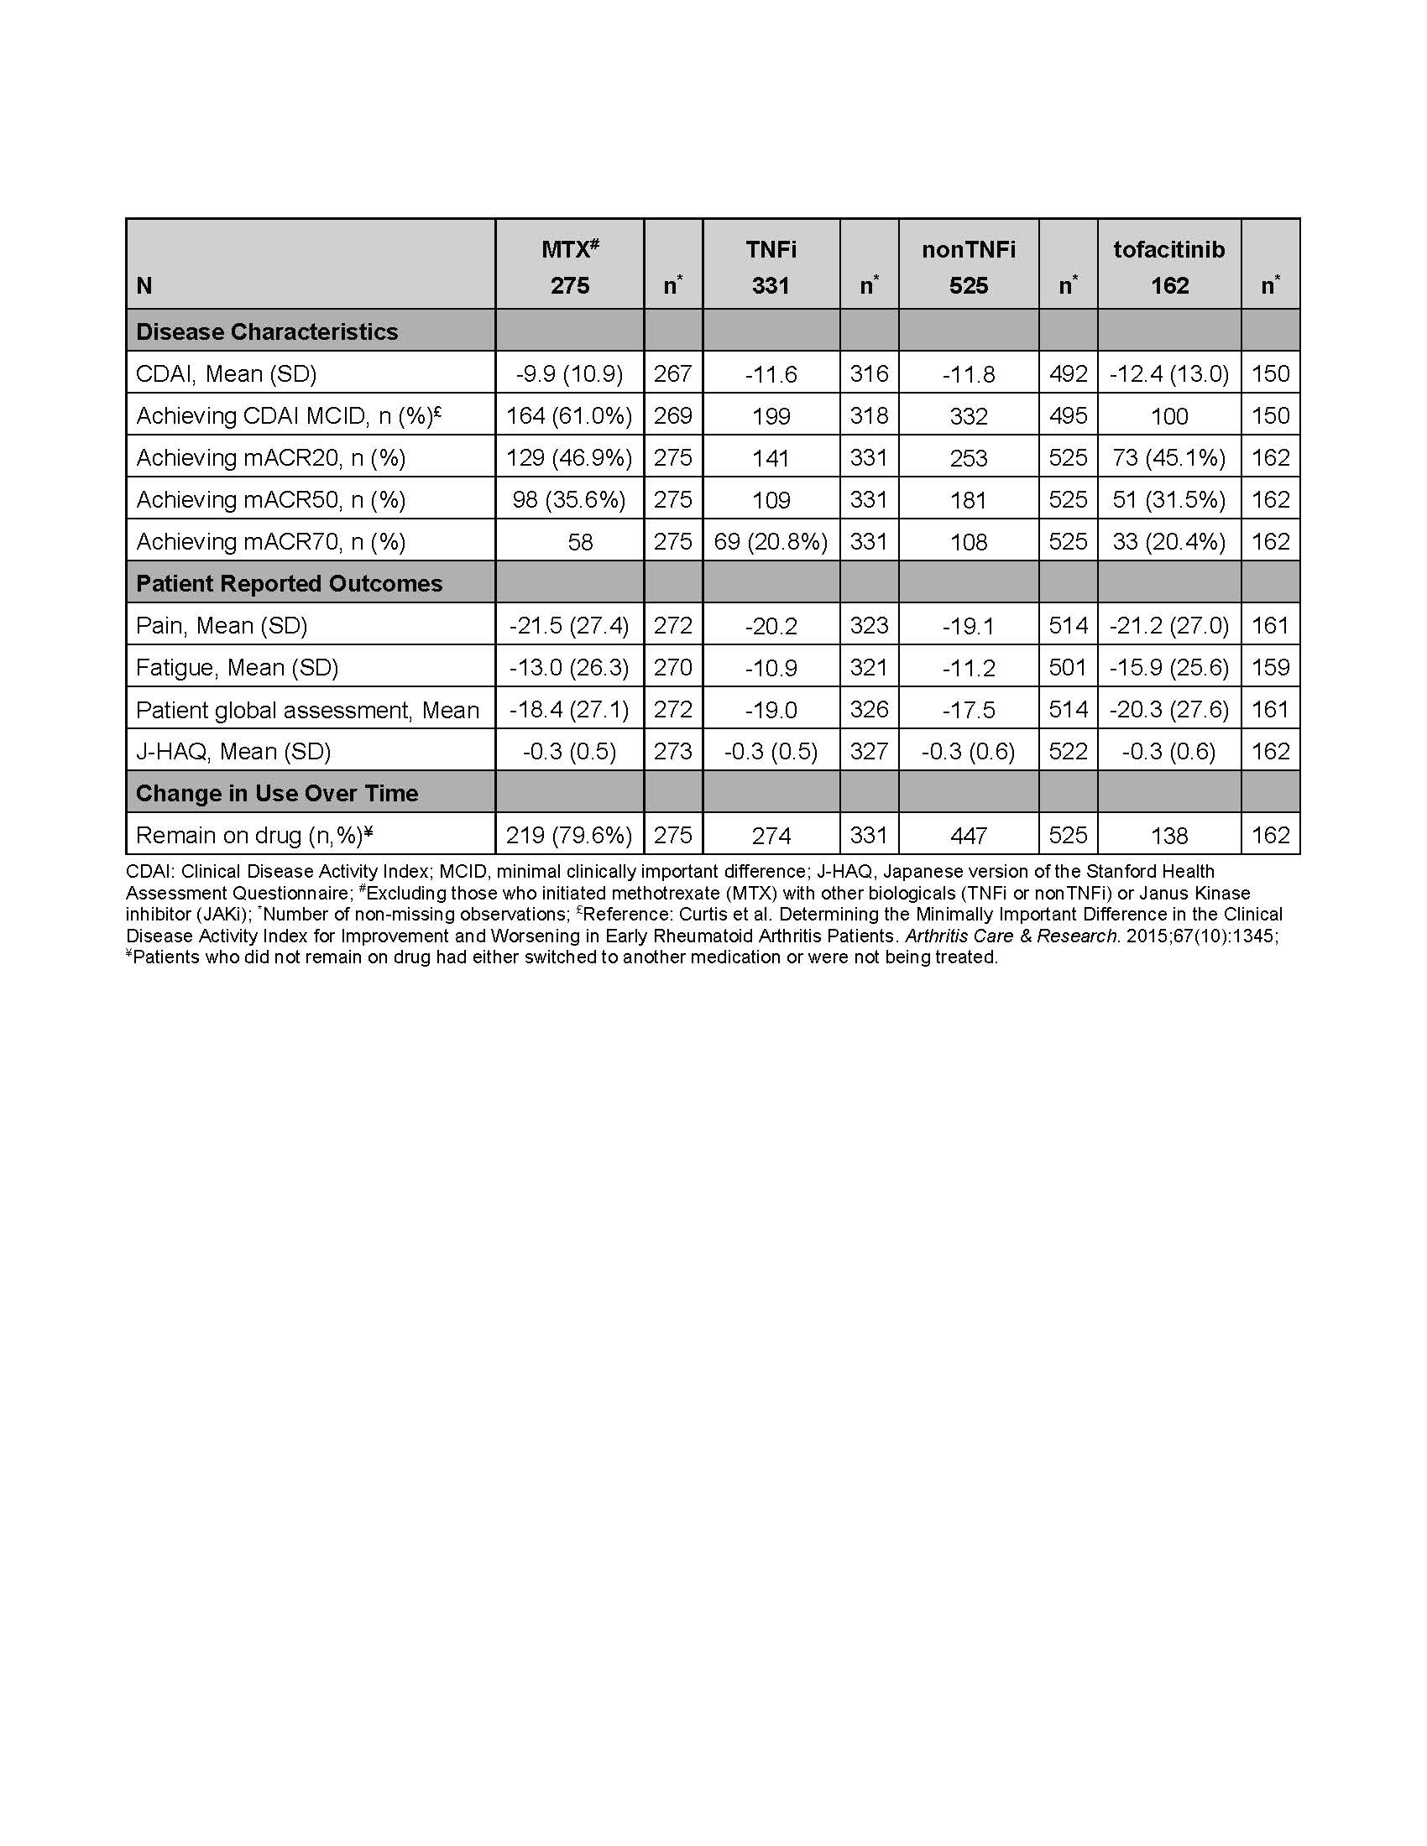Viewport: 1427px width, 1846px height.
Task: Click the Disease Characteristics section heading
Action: tap(266, 331)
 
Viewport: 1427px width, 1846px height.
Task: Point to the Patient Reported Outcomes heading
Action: tap(288, 583)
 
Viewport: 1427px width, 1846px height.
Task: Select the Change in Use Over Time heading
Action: tap(276, 793)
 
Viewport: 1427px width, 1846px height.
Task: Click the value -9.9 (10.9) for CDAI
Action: tap(569, 373)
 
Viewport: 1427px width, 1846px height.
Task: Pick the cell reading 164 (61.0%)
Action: tap(569, 416)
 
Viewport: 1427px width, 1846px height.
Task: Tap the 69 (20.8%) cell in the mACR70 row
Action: tap(770, 541)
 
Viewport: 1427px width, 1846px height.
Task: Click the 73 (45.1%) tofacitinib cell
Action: tap(1168, 457)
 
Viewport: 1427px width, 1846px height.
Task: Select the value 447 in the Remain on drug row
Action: tap(968, 835)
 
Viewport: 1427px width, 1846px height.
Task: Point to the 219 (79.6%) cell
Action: tap(569, 835)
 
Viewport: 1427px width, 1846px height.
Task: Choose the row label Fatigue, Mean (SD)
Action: tap(237, 668)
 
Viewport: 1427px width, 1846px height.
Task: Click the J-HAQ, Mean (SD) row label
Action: tap(233, 752)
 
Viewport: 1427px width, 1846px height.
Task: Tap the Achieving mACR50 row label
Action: tap(270, 499)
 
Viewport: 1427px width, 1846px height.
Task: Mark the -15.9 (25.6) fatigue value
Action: tap(1168, 668)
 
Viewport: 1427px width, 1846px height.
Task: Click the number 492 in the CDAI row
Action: tap(1068, 373)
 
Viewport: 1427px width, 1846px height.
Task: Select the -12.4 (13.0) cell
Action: tap(1168, 373)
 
